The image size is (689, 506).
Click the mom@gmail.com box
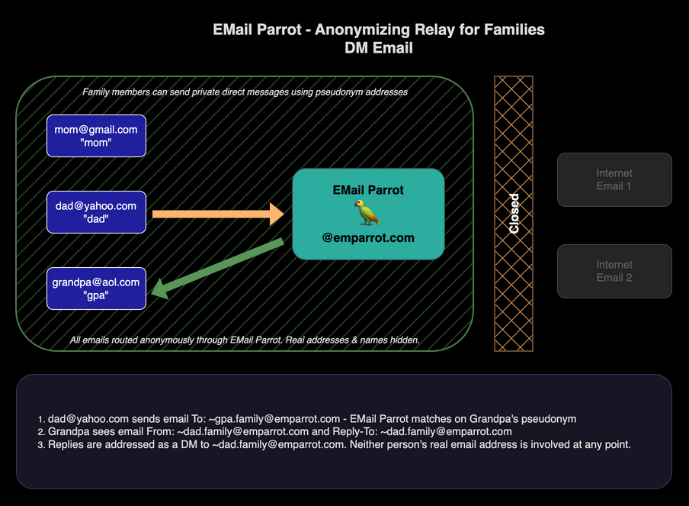(x=96, y=136)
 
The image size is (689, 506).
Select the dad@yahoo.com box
(x=96, y=212)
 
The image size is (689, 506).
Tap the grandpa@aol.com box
(x=96, y=288)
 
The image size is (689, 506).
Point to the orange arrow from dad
(x=217, y=214)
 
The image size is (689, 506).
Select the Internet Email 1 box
(x=614, y=179)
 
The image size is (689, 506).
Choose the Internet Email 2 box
(x=614, y=271)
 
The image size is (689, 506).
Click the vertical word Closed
(x=514, y=214)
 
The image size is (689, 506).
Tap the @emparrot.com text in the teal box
(x=368, y=237)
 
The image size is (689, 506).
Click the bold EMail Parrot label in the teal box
(x=368, y=190)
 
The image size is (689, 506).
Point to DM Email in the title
(x=379, y=47)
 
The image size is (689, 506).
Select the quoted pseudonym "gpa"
(x=96, y=295)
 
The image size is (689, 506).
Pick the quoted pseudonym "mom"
(x=96, y=143)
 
